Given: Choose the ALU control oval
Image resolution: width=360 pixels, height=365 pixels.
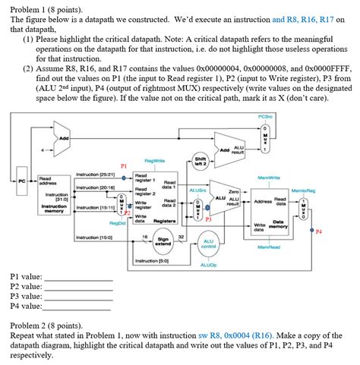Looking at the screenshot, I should pyautogui.click(x=208, y=243).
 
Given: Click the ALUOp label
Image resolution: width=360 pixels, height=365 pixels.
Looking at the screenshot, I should pyautogui.click(x=208, y=266).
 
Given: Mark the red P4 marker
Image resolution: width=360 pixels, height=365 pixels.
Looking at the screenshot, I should pyautogui.click(x=318, y=231).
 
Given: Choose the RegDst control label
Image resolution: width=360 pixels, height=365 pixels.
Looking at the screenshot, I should pyautogui.click(x=117, y=223).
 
